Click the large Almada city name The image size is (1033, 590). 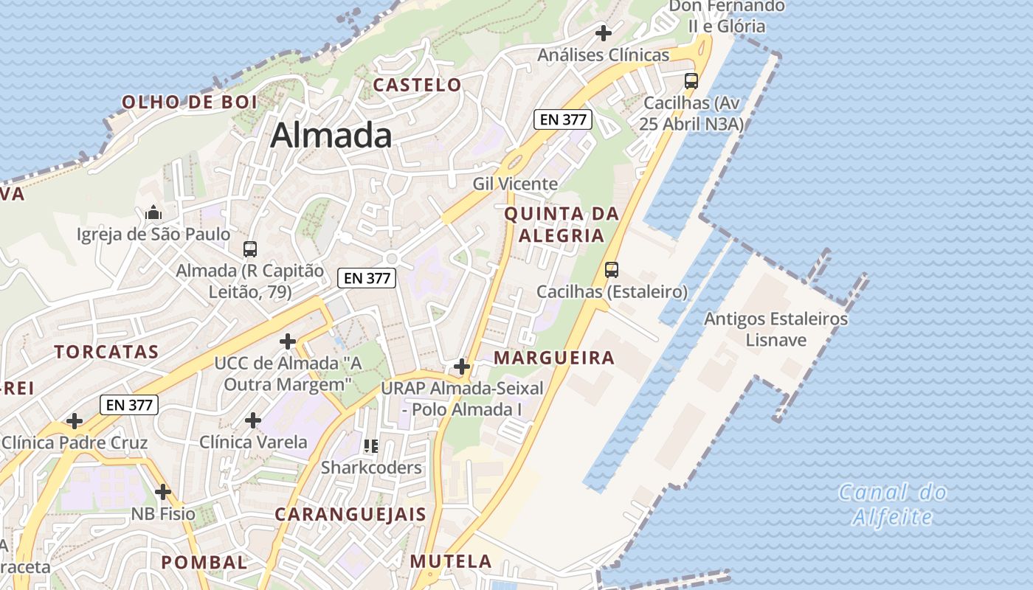[331, 136]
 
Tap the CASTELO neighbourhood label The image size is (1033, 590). [417, 85]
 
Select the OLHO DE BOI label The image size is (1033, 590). [189, 102]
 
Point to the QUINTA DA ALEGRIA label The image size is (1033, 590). [562, 224]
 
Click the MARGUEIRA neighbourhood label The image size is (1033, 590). [554, 358]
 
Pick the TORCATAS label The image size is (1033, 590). [106, 352]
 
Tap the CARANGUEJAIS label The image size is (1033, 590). [350, 514]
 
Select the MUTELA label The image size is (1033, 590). [451, 561]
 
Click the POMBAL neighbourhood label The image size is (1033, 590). [204, 562]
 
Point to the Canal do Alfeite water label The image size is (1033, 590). [893, 504]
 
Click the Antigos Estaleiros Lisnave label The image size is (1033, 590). [775, 329]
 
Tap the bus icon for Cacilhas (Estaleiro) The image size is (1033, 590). [612, 270]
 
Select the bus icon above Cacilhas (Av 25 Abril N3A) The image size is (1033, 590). [691, 81]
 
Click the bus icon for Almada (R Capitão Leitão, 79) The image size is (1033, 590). [250, 249]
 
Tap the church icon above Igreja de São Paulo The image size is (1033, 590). [153, 213]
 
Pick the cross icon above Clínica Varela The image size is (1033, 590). [253, 420]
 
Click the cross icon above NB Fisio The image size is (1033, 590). [163, 492]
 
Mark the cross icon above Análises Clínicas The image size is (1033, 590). [604, 33]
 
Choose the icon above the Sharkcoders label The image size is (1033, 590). [371, 445]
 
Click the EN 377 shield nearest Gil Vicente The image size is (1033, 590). [562, 119]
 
